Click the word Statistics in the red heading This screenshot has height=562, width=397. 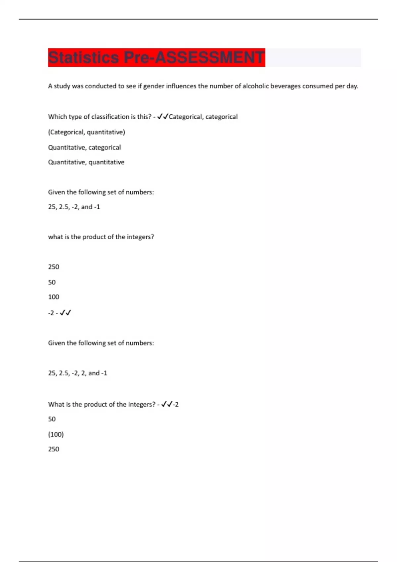(83, 58)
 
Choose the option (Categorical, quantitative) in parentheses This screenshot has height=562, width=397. (86, 132)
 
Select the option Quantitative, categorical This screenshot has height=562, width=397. (84, 147)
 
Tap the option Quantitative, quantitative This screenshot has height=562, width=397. (86, 162)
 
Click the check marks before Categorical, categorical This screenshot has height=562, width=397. (163, 117)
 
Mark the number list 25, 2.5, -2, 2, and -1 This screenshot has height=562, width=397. (77, 373)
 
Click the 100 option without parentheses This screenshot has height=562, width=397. (54, 297)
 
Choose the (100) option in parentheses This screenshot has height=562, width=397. (56, 434)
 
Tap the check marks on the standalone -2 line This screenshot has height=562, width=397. (66, 313)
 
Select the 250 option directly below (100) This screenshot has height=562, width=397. (54, 449)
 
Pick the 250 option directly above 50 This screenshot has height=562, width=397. (54, 267)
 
